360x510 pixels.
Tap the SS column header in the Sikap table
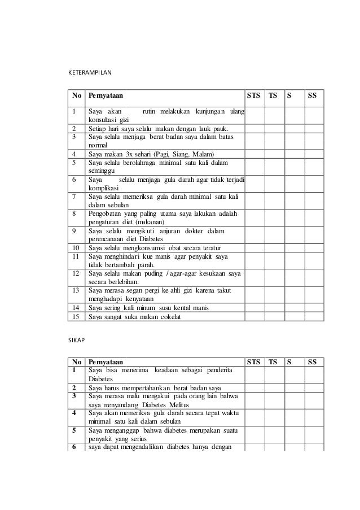click(x=311, y=361)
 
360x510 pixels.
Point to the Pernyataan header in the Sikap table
click(x=106, y=361)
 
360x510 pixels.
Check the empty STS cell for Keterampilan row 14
click(x=256, y=307)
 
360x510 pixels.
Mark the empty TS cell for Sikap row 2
click(x=275, y=387)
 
